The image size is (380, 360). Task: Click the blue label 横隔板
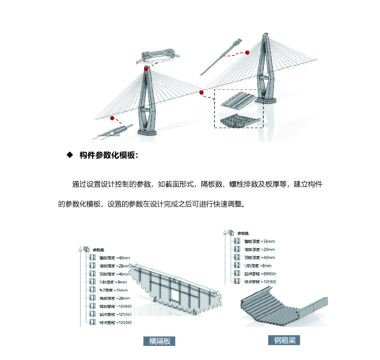click(159, 341)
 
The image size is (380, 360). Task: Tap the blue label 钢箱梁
click(284, 340)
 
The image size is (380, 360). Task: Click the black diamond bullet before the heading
click(70, 155)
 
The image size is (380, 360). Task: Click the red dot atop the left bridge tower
click(146, 69)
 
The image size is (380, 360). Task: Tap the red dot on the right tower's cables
click(247, 53)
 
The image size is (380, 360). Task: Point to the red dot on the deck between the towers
click(201, 93)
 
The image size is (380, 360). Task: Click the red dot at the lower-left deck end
click(112, 118)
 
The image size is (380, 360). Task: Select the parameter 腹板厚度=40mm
click(114, 258)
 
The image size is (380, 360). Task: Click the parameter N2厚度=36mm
click(113, 290)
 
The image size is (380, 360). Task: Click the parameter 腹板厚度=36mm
click(259, 241)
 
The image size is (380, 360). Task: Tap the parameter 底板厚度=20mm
click(259, 250)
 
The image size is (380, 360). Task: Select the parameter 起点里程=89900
click(260, 274)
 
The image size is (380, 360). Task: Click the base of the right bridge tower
click(265, 101)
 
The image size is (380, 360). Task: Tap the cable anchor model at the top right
click(221, 57)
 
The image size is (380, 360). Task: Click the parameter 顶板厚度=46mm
click(114, 274)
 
